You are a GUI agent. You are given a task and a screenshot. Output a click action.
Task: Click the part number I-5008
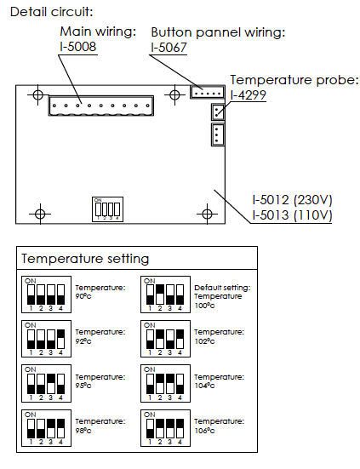coord(78,47)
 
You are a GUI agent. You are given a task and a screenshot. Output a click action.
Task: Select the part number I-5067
coord(169,48)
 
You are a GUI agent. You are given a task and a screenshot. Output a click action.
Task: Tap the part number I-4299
coord(249,95)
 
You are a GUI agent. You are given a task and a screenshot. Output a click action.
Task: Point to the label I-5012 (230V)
coord(292,200)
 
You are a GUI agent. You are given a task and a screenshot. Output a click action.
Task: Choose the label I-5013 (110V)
coord(292,215)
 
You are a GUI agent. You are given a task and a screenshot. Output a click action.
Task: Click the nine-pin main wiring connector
coord(101,106)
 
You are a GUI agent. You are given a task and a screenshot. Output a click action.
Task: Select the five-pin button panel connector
coord(207,92)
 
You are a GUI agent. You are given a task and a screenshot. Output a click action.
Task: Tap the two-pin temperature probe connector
coord(218,112)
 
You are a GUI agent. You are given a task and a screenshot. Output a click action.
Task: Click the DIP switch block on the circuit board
coord(107,209)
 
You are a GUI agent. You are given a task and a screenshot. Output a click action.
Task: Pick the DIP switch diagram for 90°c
coord(46,295)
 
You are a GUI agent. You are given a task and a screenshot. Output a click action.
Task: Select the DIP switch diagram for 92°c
coord(46,339)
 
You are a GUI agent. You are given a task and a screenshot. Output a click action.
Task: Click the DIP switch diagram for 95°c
coord(46,383)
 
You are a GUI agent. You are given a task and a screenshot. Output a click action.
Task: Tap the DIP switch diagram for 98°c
coord(46,428)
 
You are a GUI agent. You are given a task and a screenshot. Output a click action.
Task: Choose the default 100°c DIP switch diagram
coord(165,295)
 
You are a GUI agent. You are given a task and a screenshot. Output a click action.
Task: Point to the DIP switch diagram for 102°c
coord(165,339)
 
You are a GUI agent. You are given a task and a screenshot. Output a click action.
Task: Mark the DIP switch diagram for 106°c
coord(165,428)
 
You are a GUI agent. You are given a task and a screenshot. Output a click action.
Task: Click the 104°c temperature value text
coord(204,386)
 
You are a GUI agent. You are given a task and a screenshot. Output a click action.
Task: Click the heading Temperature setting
coord(85,259)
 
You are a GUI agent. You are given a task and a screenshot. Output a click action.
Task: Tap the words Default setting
coord(222,288)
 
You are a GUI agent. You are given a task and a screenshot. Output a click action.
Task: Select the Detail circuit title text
coord(51,12)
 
